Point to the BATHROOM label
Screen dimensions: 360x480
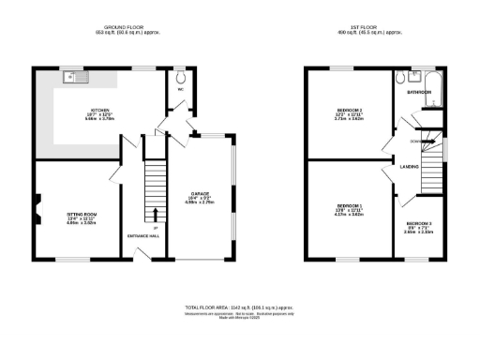coord(418,92)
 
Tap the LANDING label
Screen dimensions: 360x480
coord(409,166)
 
